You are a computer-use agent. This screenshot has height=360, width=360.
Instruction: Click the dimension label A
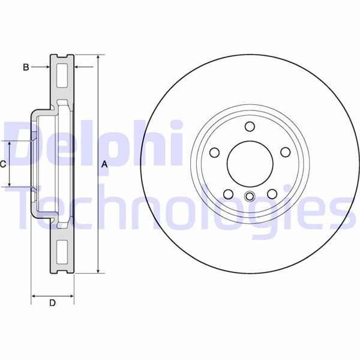[104, 164]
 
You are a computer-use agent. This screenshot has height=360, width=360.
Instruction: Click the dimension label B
[26, 67]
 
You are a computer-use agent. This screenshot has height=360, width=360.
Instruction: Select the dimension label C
[3, 164]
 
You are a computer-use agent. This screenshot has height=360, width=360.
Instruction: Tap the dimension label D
[52, 303]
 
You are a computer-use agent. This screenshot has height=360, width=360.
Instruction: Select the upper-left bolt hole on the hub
[214, 152]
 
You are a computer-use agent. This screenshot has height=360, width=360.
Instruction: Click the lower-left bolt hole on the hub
[227, 194]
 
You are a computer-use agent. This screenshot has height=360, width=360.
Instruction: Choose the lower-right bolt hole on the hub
[272, 194]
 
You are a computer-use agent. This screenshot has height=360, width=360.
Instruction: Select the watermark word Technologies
[180, 207]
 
